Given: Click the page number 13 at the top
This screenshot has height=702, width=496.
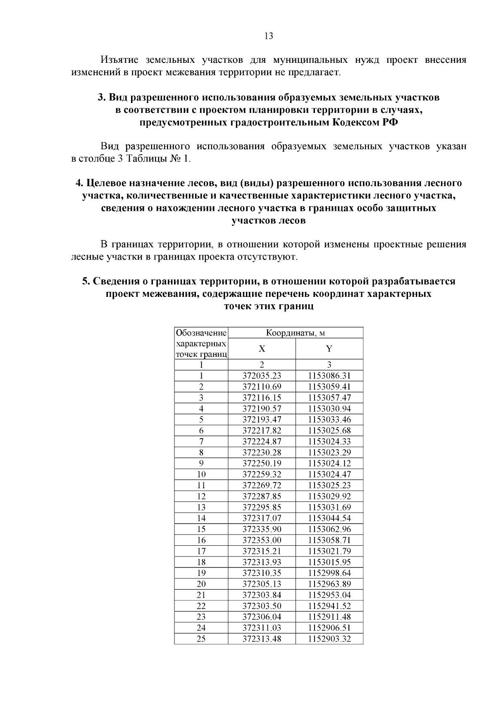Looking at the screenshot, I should (268, 36).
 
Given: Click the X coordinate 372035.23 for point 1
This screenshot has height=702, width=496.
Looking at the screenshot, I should (262, 376).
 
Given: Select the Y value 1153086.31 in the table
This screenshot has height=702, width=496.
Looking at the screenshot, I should (329, 376).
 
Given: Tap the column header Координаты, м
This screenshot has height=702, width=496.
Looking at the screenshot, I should (296, 333).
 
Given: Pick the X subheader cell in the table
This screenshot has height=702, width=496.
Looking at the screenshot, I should (262, 349).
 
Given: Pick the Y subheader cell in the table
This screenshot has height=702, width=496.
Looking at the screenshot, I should (329, 349).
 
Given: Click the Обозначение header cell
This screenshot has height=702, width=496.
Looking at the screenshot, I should (201, 333).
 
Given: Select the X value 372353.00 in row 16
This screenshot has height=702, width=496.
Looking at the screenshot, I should (262, 540).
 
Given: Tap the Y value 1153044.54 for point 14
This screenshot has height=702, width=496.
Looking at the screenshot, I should (329, 518).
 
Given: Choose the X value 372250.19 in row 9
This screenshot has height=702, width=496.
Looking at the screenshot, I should (262, 463).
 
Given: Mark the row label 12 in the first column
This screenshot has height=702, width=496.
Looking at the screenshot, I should (201, 497).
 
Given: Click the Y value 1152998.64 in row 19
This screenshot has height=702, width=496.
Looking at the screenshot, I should (329, 573).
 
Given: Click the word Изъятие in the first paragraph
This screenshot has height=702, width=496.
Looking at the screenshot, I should (117, 60).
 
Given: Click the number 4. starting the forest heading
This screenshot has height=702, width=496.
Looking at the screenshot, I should (80, 183).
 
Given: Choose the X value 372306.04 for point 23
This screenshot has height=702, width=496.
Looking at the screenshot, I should (262, 617).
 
